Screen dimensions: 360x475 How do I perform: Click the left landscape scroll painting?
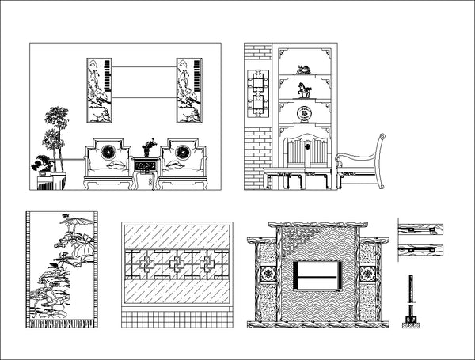pos(97,89)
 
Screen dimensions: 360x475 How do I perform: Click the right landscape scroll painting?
pos(188,89)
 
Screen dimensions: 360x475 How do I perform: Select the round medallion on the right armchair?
pos(182,150)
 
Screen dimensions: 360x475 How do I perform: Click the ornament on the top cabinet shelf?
pos(302,70)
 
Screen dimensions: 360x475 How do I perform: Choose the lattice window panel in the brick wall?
pos(258,95)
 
